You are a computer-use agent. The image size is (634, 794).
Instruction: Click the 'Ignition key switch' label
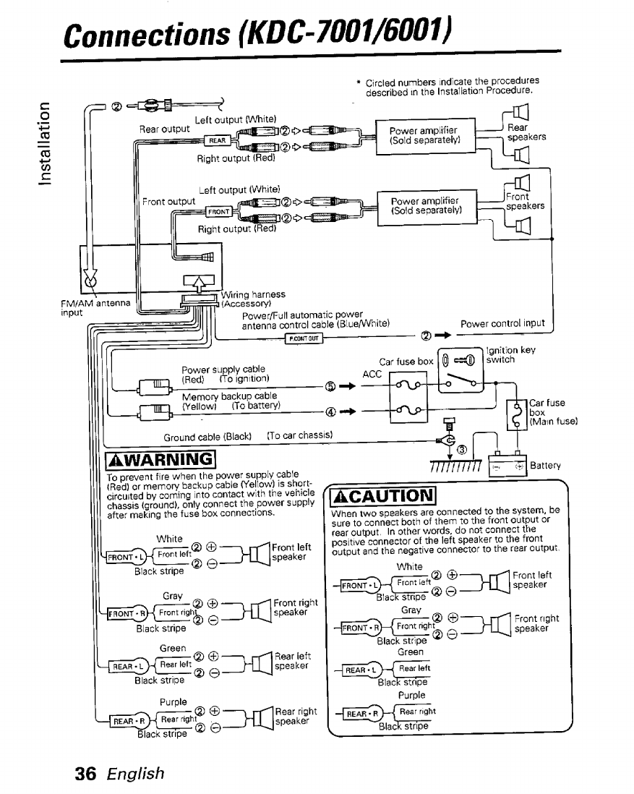510,355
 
